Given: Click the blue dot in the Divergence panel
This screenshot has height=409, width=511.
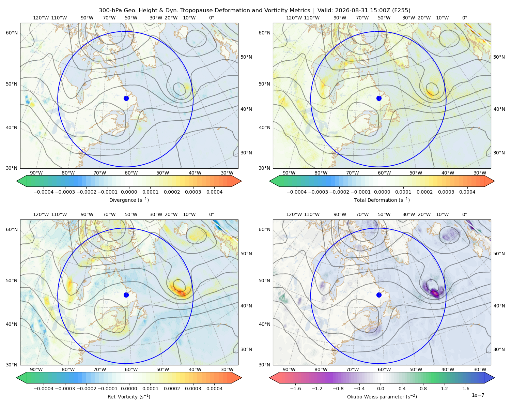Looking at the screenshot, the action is click(x=126, y=98).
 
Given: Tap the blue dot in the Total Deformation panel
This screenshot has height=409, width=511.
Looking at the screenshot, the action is click(x=379, y=98).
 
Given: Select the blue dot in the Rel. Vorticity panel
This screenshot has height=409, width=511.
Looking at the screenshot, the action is click(x=126, y=295).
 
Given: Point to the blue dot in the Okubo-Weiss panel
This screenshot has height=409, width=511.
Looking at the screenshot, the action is click(x=379, y=295).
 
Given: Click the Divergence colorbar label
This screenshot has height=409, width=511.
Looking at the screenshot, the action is click(x=129, y=200).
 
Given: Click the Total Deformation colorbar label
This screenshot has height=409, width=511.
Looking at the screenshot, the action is click(x=382, y=200).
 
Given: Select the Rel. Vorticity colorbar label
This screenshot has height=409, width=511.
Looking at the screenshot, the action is click(x=129, y=397).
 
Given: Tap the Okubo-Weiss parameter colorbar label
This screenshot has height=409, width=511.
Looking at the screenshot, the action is click(x=382, y=397).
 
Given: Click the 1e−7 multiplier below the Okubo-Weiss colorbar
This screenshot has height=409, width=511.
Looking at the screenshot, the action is click(x=478, y=395).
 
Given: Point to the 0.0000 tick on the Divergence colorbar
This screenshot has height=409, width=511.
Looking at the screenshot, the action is click(x=129, y=192).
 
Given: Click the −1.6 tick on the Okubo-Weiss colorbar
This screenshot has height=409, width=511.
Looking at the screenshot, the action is click(x=295, y=389).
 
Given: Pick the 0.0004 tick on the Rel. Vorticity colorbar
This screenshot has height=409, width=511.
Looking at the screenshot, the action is click(x=214, y=389).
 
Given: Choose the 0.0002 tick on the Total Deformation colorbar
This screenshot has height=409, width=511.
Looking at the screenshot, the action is click(x=424, y=192).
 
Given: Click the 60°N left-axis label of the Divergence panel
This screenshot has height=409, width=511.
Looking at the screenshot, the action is click(x=12, y=33).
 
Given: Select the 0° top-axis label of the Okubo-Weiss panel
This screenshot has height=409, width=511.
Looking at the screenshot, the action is click(x=465, y=214).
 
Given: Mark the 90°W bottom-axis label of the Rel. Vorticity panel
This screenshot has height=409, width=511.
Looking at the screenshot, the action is click(x=36, y=369).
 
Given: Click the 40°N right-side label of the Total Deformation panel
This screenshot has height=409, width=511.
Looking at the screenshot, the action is click(x=499, y=109).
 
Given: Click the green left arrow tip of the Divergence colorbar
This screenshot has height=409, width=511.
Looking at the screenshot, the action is click(x=17, y=181).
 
